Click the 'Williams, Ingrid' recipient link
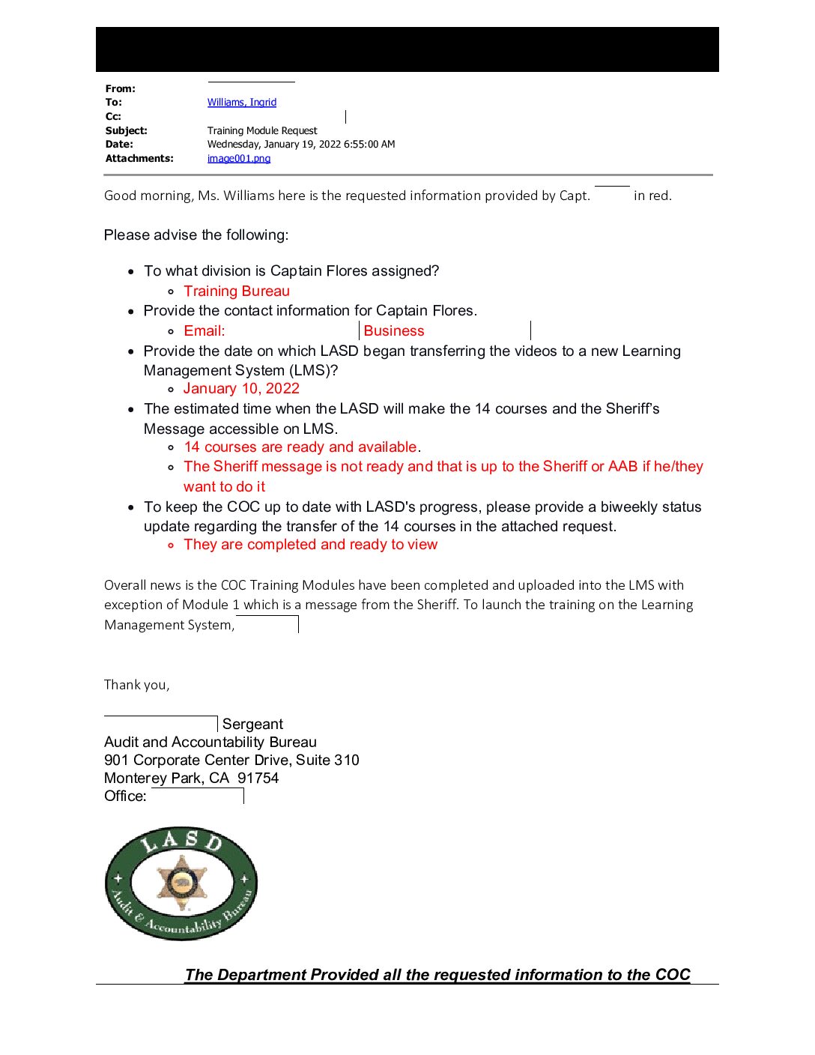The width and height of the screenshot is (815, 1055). pos(241,103)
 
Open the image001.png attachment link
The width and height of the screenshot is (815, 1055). pos(238,159)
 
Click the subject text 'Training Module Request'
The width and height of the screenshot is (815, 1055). pos(262,131)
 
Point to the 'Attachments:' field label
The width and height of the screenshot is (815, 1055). pos(139,159)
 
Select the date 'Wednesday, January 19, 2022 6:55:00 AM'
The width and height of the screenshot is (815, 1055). pos(300,145)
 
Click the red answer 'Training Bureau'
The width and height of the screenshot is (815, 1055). pos(237,291)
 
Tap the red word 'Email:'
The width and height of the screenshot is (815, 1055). pos(204,331)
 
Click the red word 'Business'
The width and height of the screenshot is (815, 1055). pos(394,331)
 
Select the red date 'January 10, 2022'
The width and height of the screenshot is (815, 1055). pos(241,389)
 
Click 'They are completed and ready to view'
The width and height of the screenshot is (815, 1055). pos(310,545)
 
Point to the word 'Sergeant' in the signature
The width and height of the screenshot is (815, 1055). pos(252,725)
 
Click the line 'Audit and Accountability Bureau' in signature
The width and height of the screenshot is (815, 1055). pos(210,743)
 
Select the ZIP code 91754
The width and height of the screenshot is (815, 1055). pos(258,779)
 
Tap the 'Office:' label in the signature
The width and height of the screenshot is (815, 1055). pos(125,796)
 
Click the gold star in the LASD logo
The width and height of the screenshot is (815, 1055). pos(181,882)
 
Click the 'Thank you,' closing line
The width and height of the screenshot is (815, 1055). pos(136,685)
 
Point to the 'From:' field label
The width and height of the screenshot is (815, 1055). pos(120,89)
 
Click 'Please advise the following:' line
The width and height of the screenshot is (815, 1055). pos(196,235)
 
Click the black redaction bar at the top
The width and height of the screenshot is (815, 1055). pos(407,49)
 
